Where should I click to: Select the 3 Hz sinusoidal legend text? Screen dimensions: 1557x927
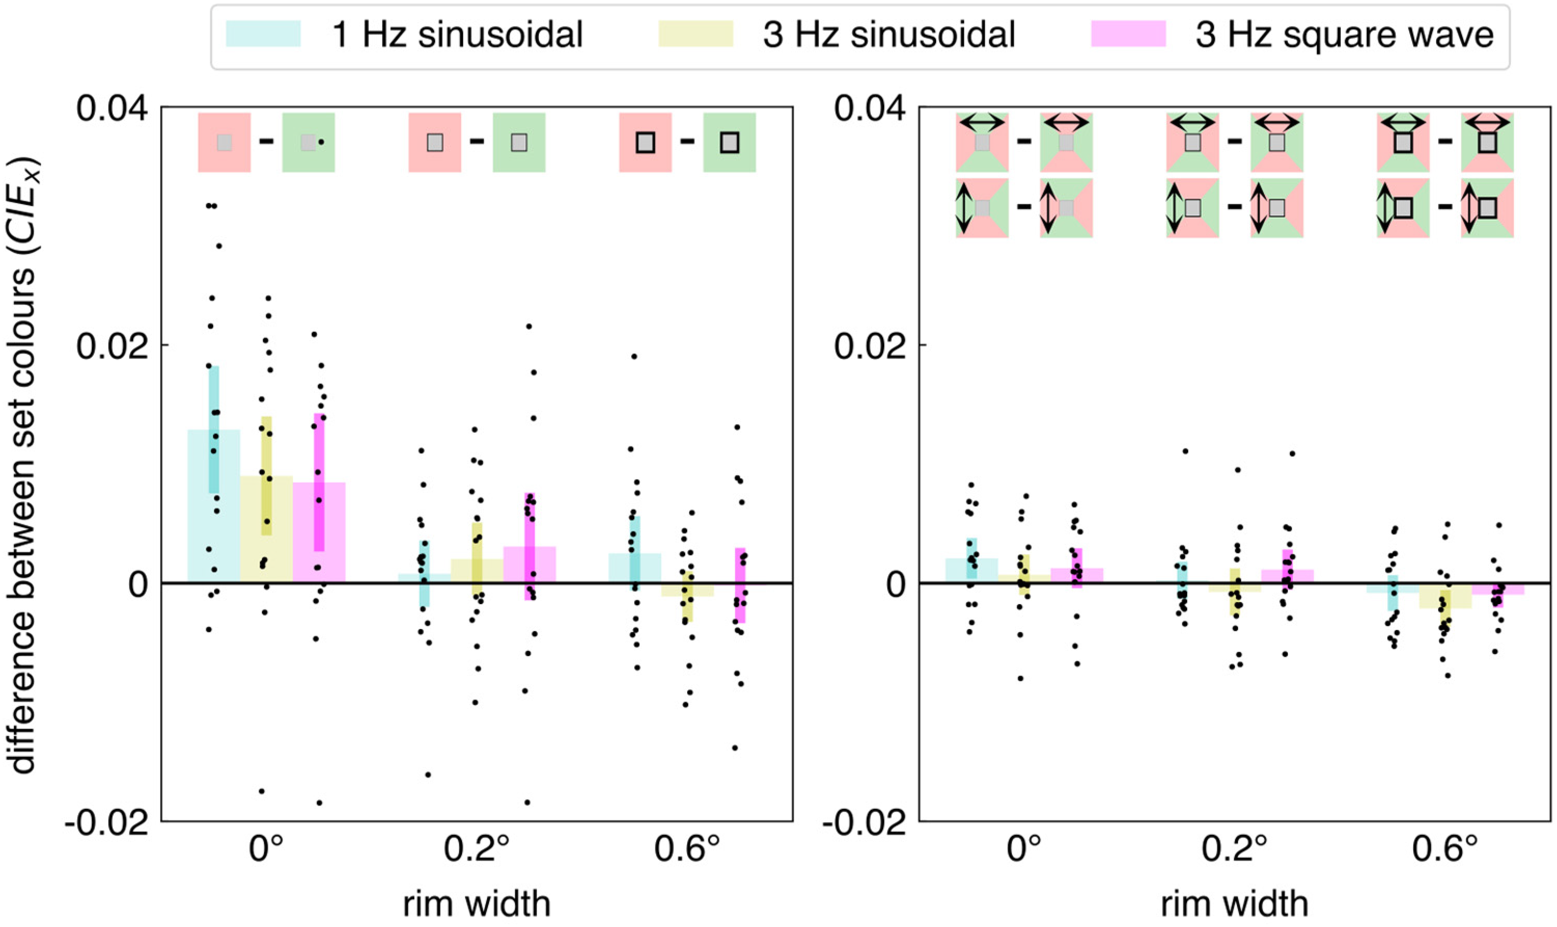click(x=889, y=34)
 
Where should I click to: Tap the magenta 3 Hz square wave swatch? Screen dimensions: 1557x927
click(x=1128, y=34)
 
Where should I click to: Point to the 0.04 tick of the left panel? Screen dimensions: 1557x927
click(x=113, y=108)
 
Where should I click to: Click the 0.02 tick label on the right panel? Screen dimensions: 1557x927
click(x=870, y=345)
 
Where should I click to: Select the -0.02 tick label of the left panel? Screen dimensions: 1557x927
click(x=107, y=823)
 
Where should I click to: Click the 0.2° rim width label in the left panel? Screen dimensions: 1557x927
click(x=476, y=850)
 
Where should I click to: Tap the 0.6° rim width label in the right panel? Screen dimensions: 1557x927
click(x=1444, y=850)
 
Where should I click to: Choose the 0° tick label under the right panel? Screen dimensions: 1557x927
click(x=1024, y=850)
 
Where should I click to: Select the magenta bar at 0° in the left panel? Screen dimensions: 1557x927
click(x=319, y=532)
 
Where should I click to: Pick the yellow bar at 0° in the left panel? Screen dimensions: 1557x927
click(x=267, y=529)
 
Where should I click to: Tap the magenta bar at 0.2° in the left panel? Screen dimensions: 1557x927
click(x=529, y=565)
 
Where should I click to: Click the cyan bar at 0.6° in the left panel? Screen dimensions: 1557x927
click(x=635, y=568)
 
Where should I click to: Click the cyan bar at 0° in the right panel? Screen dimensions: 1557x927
click(x=972, y=570)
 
